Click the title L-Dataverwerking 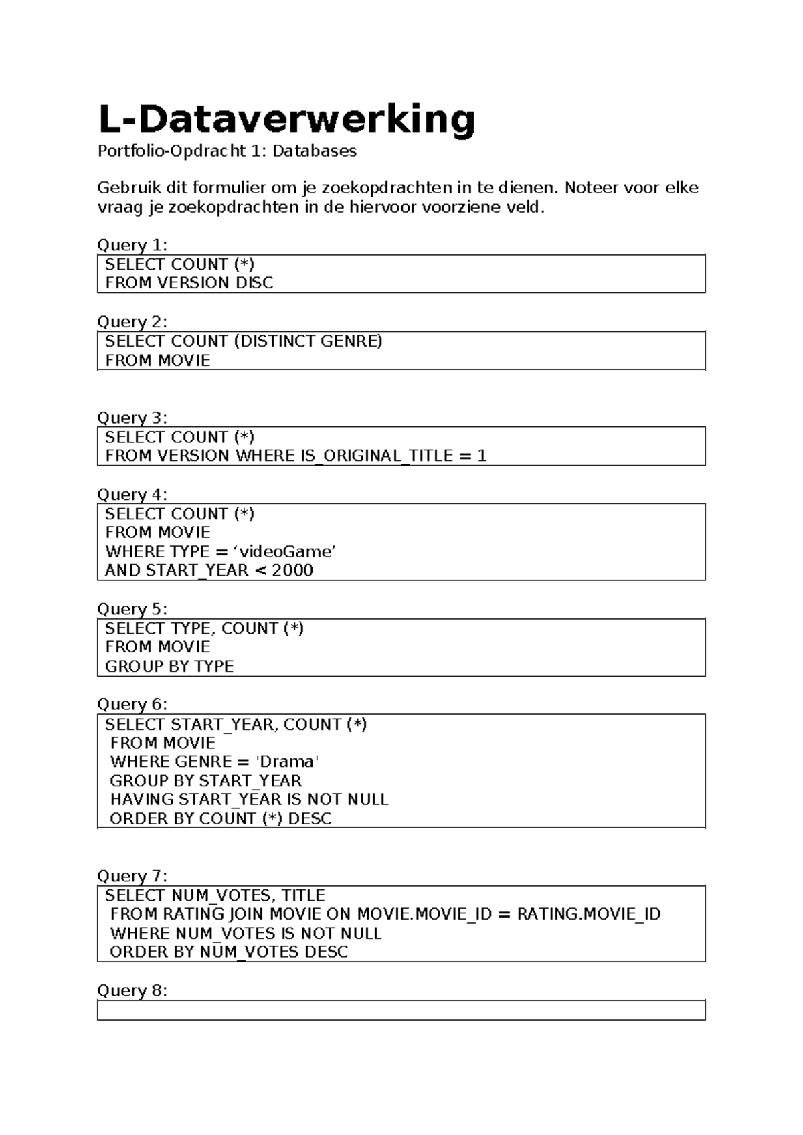[286, 119]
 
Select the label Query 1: [132, 245]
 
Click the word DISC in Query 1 [254, 283]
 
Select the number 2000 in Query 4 [292, 571]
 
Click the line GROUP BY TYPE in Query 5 [169, 667]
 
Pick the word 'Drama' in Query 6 [288, 762]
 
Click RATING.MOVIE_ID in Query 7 [589, 915]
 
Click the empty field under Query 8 [401, 1011]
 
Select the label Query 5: [132, 609]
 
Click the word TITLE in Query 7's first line [303, 896]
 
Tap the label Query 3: [132, 418]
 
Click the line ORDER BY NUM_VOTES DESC [229, 952]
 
